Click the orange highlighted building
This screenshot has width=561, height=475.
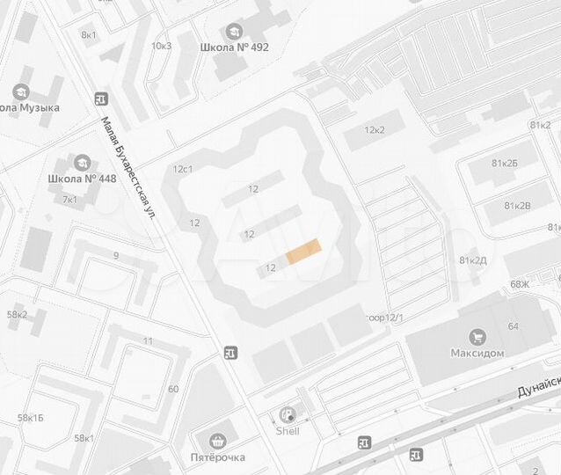(x=303, y=252)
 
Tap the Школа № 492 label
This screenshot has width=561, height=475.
(x=235, y=47)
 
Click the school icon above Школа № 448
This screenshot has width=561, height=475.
(x=83, y=164)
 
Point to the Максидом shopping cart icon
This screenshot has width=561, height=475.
(x=477, y=336)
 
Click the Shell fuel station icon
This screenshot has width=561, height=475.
(x=288, y=415)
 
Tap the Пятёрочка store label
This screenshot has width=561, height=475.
(x=218, y=457)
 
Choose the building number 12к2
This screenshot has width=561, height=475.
(x=376, y=130)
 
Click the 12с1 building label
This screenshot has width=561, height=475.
(x=183, y=168)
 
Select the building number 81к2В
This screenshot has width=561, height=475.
(x=517, y=205)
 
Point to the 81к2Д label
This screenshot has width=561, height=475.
(x=473, y=259)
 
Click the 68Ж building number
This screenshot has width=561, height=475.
(x=520, y=283)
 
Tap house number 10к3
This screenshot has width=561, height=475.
(x=161, y=45)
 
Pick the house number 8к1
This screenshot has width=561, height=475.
(x=89, y=34)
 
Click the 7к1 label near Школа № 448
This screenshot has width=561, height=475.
(x=69, y=199)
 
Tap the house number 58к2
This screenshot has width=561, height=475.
(x=17, y=314)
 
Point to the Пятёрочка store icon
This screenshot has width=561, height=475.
(x=218, y=441)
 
